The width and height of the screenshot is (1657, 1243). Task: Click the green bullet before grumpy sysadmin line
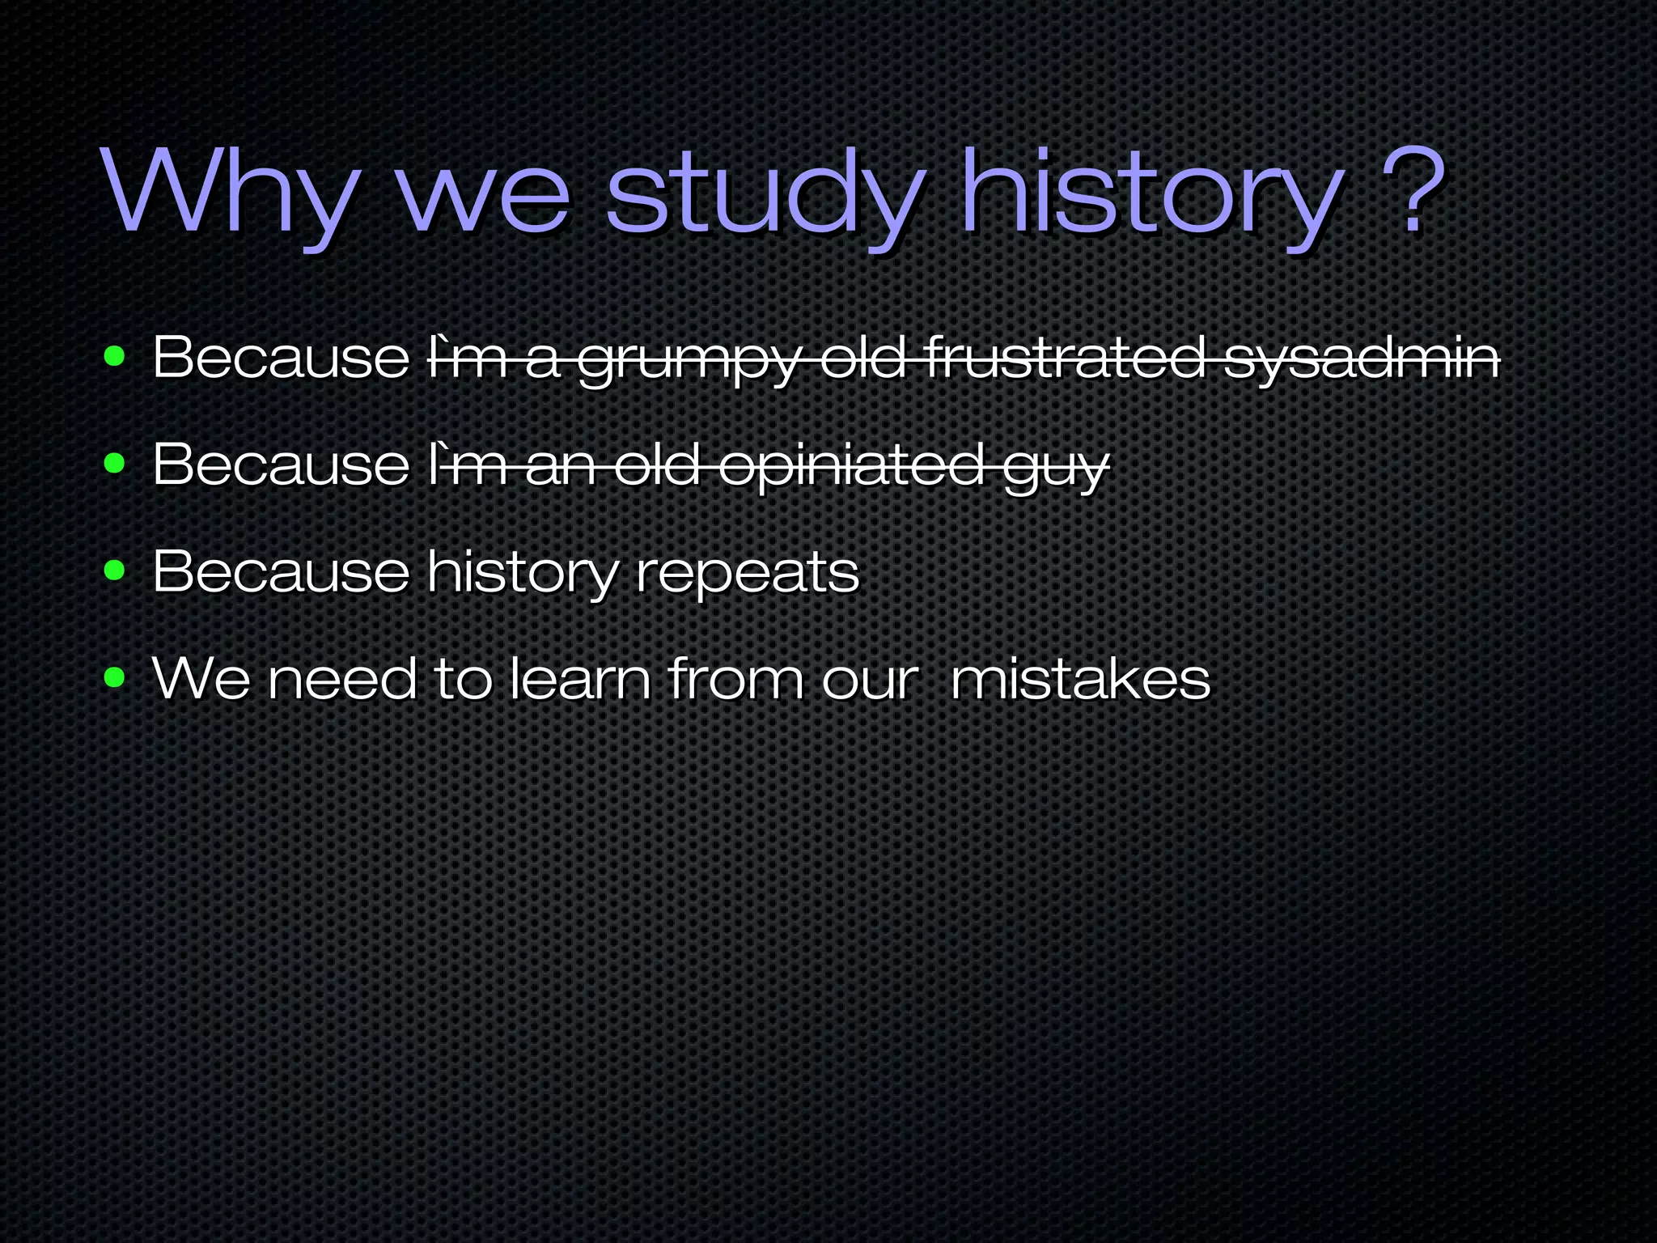pos(115,356)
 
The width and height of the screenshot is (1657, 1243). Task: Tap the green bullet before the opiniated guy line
pos(115,464)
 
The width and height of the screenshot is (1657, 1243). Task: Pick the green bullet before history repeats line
pos(115,571)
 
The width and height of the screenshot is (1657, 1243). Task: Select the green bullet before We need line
pos(115,678)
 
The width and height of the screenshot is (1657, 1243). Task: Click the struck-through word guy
pos(1056,468)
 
